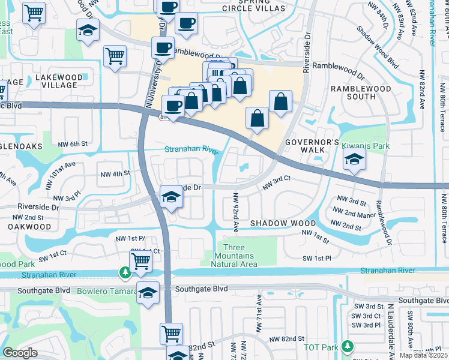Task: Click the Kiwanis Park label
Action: click(366, 146)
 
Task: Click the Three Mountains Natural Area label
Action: click(241, 256)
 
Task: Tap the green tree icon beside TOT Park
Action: click(346, 346)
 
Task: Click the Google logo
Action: click(20, 353)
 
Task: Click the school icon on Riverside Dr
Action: click(171, 197)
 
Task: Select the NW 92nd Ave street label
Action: click(236, 211)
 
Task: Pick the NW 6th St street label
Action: click(73, 144)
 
